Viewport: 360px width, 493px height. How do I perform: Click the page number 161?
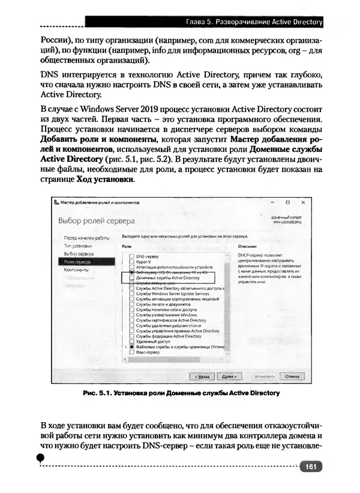pyautogui.click(x=310, y=466)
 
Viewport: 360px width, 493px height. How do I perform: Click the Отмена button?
pyautogui.click(x=292, y=376)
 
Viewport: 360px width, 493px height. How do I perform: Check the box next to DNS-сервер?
pyautogui.click(x=131, y=256)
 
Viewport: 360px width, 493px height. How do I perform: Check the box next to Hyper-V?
pyautogui.click(x=131, y=262)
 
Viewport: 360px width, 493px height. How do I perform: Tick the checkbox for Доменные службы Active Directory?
pyautogui.click(x=131, y=278)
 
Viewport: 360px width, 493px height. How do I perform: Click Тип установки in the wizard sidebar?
pyautogui.click(x=78, y=246)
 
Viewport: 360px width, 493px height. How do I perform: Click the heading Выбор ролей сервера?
pyautogui.click(x=96, y=221)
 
